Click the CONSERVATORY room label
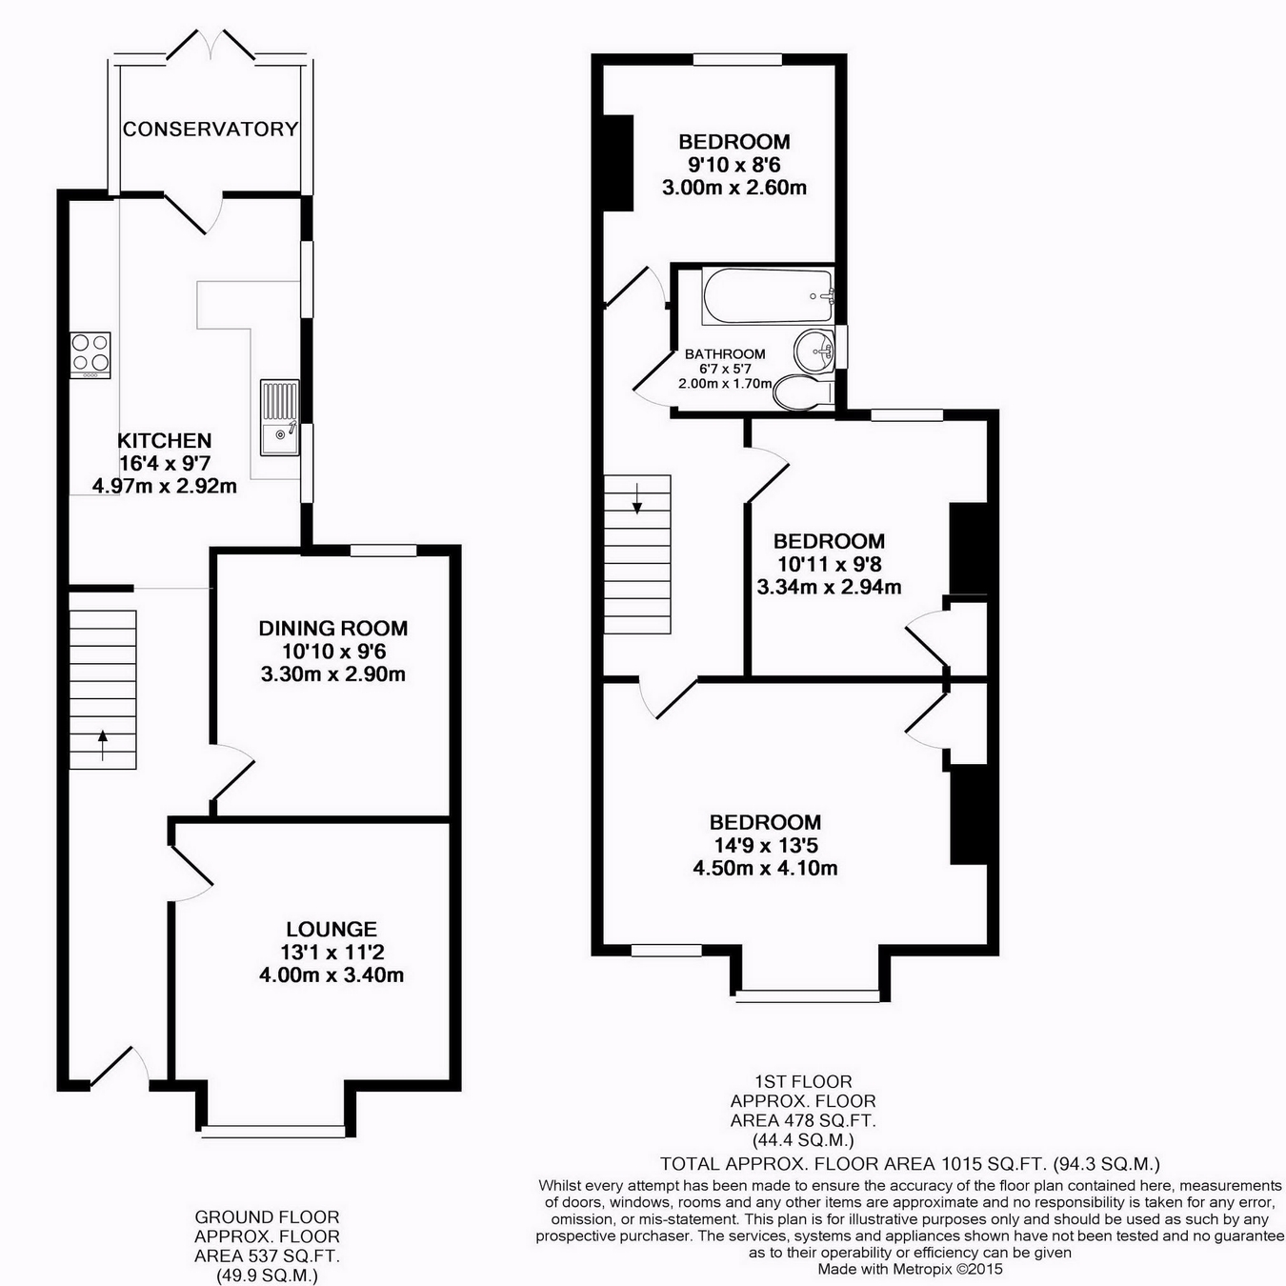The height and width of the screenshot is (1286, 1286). point(211,129)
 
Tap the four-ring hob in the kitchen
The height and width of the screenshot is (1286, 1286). point(90,355)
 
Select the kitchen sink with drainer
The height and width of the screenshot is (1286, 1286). point(280,418)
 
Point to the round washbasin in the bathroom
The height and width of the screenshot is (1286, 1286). point(813,349)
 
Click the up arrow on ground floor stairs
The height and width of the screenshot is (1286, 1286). point(103,746)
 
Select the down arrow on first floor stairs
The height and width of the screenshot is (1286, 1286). point(637,498)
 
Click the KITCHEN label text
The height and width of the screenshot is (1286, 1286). point(164,440)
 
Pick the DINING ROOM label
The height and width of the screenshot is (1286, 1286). point(333,628)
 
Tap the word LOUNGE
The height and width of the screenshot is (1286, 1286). point(332,929)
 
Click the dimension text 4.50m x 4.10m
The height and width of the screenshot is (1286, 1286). point(766,868)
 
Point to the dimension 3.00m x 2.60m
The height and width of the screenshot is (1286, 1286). point(734,188)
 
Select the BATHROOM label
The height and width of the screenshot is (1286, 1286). point(725,353)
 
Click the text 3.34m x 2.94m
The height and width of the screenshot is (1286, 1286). point(829,588)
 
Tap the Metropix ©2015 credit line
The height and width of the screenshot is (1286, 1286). point(910,1269)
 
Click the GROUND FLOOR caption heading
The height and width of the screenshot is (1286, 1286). point(267,1216)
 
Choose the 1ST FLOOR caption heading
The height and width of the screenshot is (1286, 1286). point(803,1081)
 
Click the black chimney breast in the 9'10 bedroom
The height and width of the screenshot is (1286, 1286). point(618,163)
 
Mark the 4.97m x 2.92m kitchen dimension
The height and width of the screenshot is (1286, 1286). point(164,486)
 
